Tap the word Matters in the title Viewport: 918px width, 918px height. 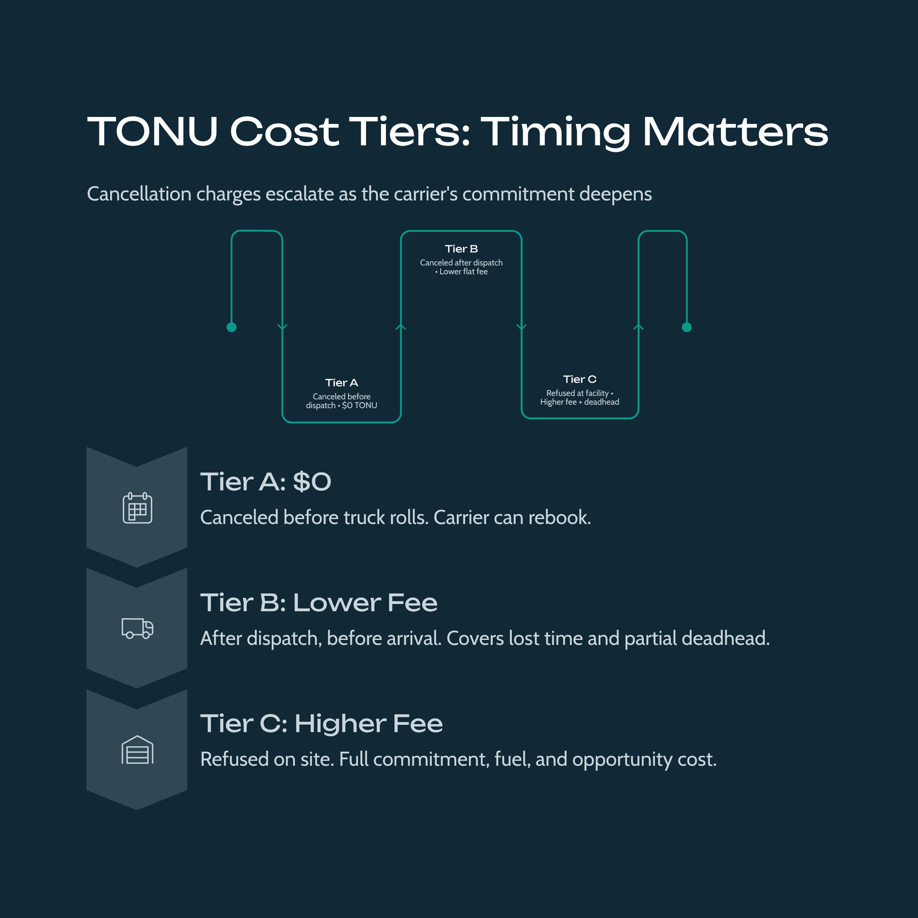735,132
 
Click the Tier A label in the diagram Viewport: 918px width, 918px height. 341,382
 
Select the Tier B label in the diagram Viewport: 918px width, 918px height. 461,249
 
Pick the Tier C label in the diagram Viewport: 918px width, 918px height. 579,379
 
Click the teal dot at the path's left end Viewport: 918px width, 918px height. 231,327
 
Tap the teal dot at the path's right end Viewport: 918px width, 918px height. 687,327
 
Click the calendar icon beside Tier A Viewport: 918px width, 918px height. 137,508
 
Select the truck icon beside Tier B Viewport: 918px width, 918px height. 137,628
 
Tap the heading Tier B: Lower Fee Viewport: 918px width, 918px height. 318,602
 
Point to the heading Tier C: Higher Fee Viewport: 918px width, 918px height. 321,723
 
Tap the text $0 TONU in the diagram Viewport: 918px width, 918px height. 359,405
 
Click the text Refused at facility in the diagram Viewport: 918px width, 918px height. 577,393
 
